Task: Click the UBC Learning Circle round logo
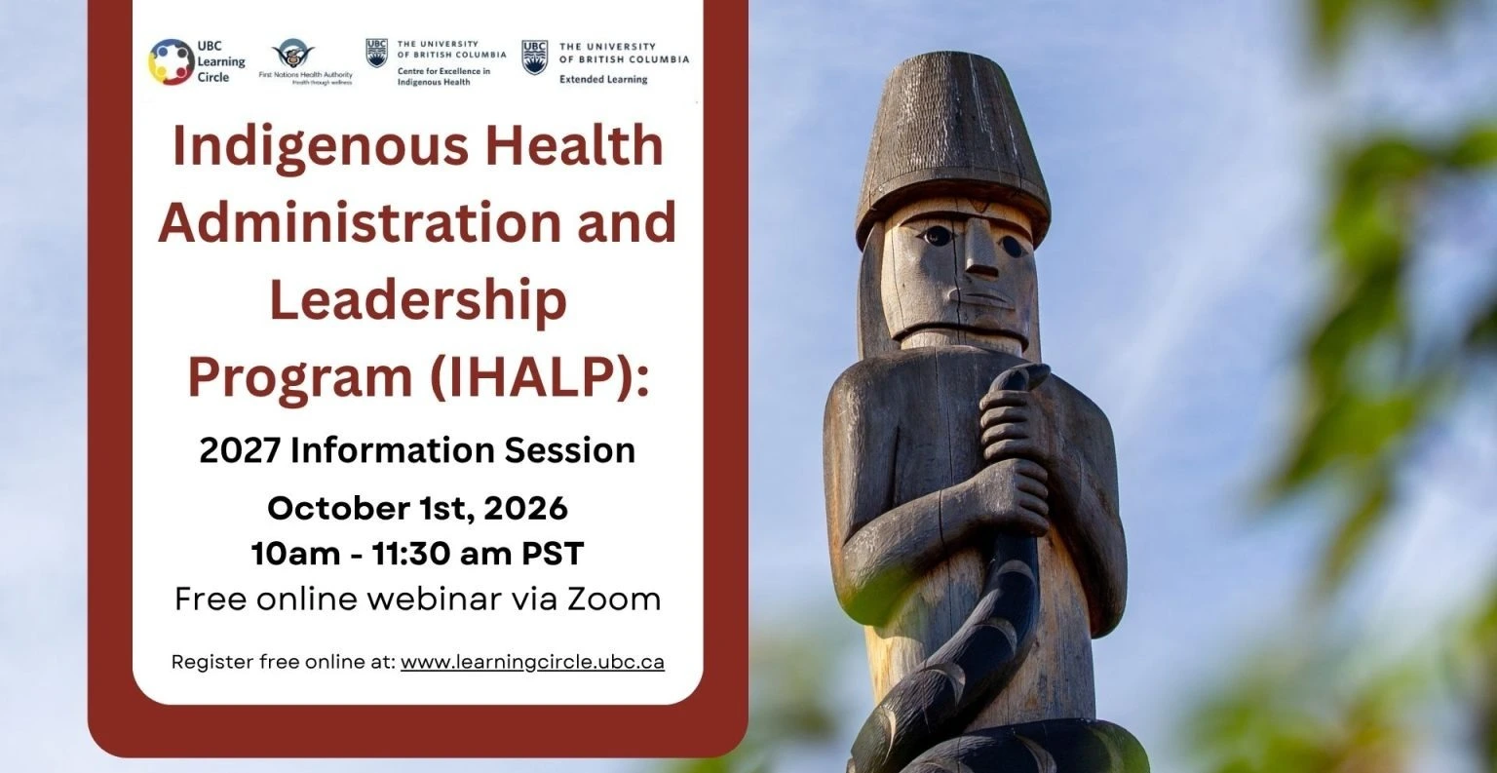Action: (x=172, y=61)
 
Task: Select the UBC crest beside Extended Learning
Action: (x=534, y=58)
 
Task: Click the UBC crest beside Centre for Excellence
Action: (x=377, y=53)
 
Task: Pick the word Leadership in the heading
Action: (x=418, y=300)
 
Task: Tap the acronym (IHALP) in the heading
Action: (x=539, y=378)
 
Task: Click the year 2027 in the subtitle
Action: (x=239, y=450)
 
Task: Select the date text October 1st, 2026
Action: (x=418, y=508)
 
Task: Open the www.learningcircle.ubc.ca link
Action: (x=533, y=662)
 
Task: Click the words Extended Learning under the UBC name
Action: (x=603, y=80)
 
